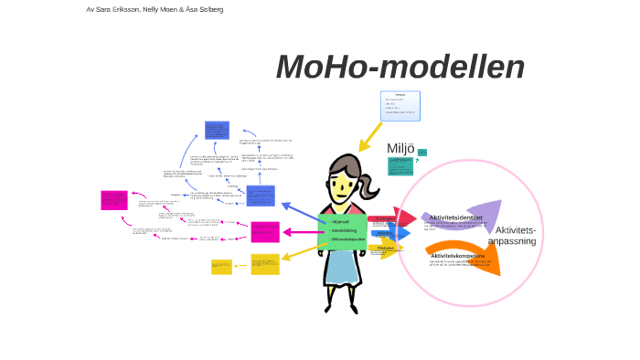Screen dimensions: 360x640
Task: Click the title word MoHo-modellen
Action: (400, 68)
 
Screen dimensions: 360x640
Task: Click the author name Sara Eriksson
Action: (120, 9)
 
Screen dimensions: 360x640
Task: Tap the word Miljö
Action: (400, 149)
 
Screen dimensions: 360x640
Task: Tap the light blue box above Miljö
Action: (400, 106)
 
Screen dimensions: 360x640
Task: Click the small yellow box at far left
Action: (221, 267)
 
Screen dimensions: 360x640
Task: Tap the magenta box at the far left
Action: (113, 200)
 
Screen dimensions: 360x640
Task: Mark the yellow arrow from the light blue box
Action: (370, 137)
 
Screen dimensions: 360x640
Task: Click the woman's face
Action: (343, 186)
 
